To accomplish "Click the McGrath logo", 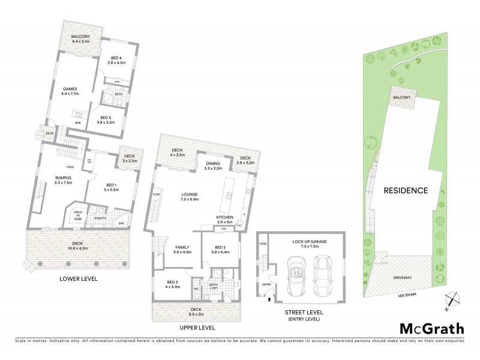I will click(x=431, y=328).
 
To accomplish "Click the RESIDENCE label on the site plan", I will click(x=406, y=191).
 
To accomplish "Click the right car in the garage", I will click(x=325, y=275).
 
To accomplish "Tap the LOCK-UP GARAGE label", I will click(x=310, y=242).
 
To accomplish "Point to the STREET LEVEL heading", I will click(x=302, y=312).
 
